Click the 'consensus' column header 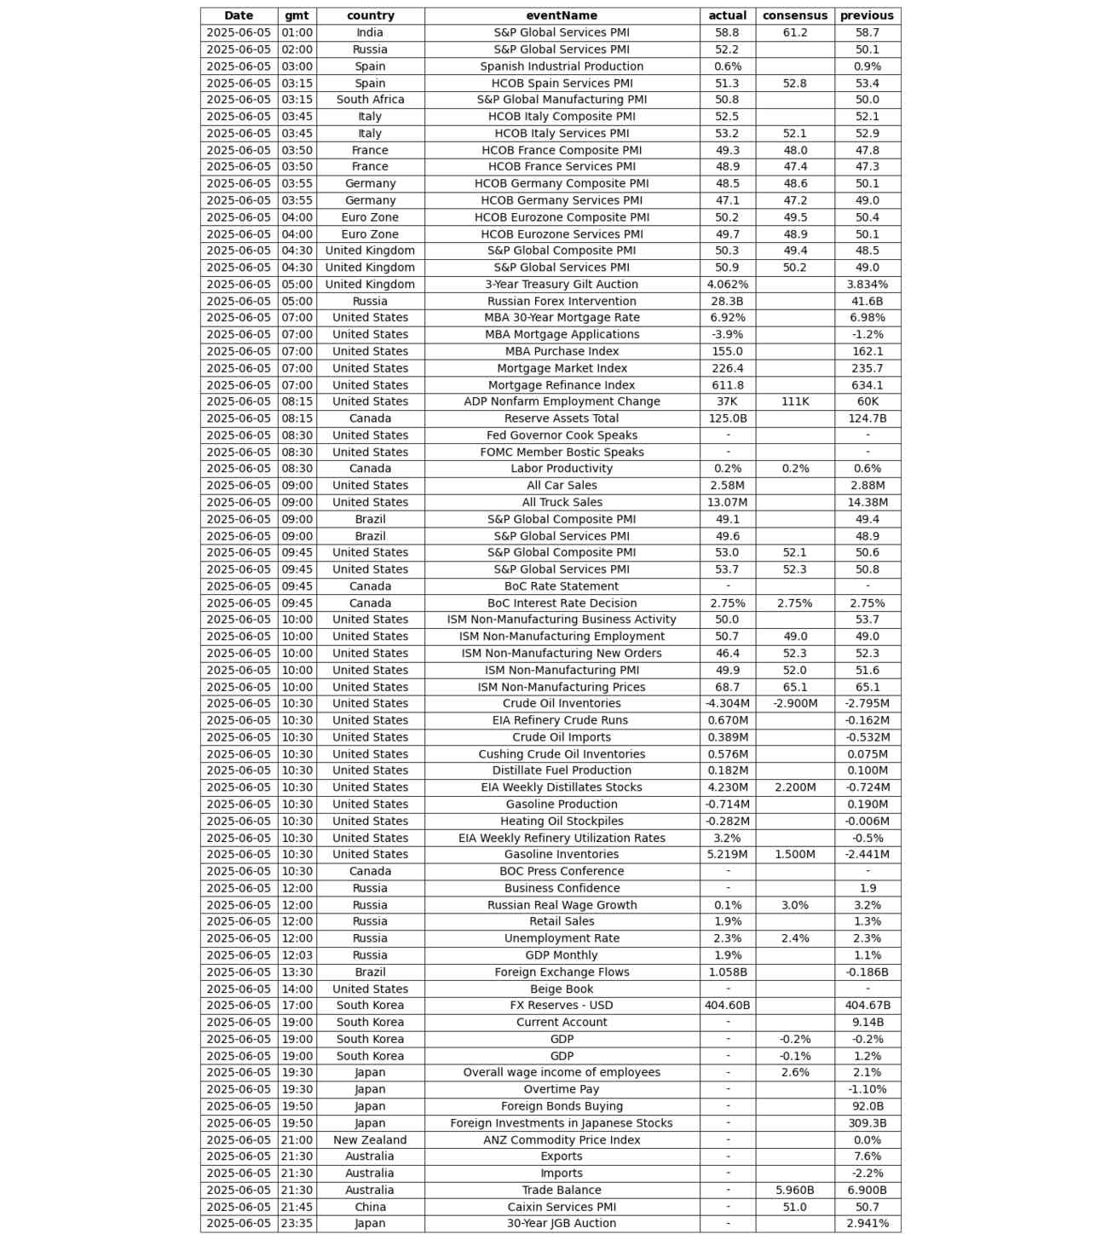794,15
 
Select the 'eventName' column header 562,15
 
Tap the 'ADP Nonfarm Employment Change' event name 562,401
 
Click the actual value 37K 727,401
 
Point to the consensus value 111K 794,401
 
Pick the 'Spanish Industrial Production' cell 562,66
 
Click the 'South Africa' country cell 370,100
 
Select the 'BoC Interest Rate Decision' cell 562,603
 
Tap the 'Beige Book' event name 562,989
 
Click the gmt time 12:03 297,955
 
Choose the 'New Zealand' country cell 370,1139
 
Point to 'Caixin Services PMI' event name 562,1207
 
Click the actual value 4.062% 727,285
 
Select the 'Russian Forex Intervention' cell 562,301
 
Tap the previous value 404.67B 867,1006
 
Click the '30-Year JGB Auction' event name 562,1223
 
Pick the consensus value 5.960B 794,1190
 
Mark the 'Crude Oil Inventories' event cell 562,703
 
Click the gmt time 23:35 297,1223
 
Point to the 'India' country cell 370,32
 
